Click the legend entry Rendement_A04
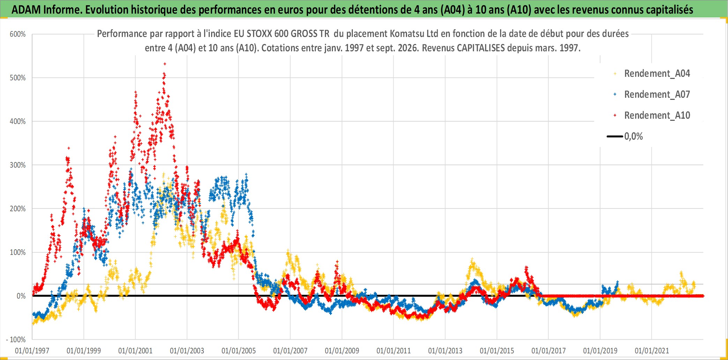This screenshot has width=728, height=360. (657, 74)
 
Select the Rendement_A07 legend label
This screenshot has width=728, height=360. (657, 95)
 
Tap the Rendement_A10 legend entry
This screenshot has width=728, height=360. (657, 116)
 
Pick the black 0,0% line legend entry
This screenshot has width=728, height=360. (625, 136)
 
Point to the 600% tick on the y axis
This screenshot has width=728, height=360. (18, 34)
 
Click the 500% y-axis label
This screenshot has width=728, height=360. (18, 78)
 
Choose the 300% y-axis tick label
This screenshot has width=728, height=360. (18, 165)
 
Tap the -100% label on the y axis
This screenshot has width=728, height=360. (16, 339)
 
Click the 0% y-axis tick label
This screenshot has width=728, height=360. (21, 296)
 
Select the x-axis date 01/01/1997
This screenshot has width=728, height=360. (32, 351)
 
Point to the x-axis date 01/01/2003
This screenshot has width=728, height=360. (187, 351)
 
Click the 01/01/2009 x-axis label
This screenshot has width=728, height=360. (342, 351)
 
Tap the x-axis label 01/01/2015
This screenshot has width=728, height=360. (497, 351)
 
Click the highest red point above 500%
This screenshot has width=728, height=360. (165, 64)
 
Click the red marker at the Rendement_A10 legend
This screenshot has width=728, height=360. (615, 115)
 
